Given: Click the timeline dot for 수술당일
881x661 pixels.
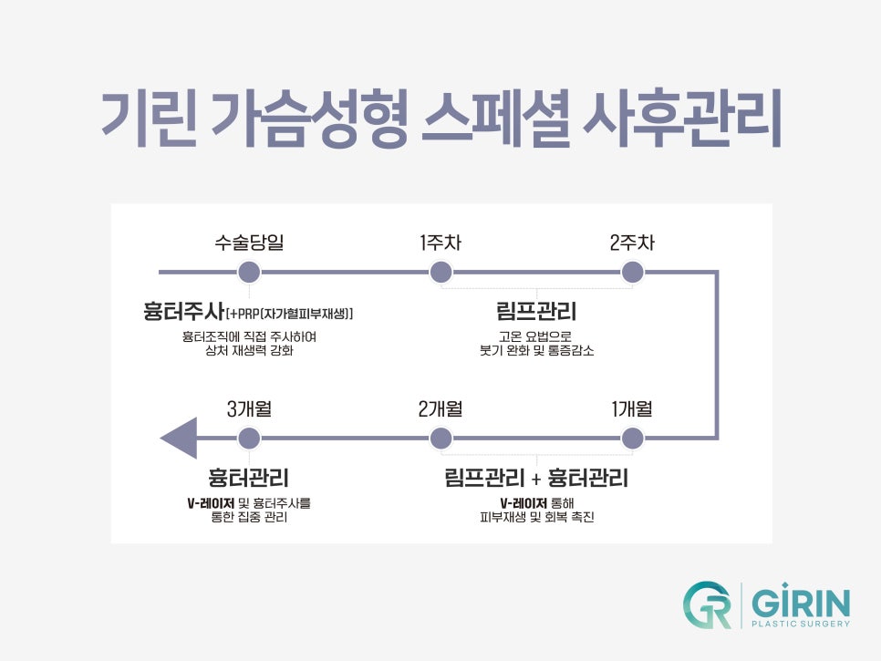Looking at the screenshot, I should (248, 272).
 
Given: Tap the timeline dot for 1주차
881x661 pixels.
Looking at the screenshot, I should (440, 272).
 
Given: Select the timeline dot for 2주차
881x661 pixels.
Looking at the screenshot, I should (632, 272).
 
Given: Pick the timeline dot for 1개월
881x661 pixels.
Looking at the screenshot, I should (632, 439).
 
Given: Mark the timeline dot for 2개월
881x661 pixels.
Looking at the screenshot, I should (440, 439).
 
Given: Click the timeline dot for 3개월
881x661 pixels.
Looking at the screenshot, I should (248, 439).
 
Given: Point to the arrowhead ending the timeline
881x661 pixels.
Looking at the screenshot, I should (179, 439).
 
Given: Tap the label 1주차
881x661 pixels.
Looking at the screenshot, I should (440, 243).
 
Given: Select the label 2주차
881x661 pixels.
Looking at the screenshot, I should (632, 243).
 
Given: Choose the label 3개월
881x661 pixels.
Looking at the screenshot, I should (249, 409).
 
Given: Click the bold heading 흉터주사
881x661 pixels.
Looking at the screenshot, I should (183, 312).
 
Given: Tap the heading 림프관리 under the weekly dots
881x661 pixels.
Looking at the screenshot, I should (536, 312).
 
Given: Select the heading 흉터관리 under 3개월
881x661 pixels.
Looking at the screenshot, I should (249, 478).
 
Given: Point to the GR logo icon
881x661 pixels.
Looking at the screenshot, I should (708, 605).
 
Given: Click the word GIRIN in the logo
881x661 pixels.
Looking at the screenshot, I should (802, 601).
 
